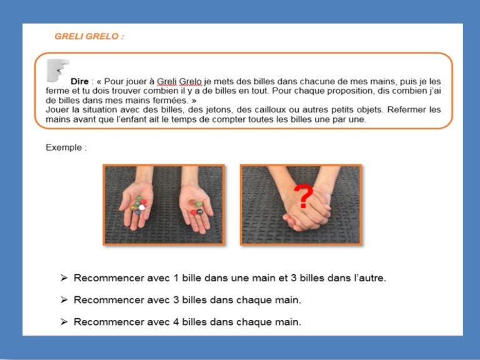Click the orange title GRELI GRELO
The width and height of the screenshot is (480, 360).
(x=89, y=36)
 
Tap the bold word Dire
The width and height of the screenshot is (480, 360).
(x=79, y=81)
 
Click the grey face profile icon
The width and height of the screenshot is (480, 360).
(x=57, y=71)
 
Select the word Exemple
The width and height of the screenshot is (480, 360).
(x=64, y=147)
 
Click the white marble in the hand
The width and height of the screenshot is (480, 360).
(x=142, y=207)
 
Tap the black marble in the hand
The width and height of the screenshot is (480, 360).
(x=200, y=211)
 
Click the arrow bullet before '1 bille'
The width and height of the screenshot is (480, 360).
(x=64, y=278)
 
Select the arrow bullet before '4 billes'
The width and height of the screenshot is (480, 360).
(x=64, y=322)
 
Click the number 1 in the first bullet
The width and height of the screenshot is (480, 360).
(x=176, y=278)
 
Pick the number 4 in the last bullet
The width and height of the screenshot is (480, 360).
(x=176, y=322)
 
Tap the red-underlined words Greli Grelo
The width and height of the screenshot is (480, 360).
(x=179, y=81)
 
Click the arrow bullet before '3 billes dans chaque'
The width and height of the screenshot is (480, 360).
(x=64, y=300)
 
